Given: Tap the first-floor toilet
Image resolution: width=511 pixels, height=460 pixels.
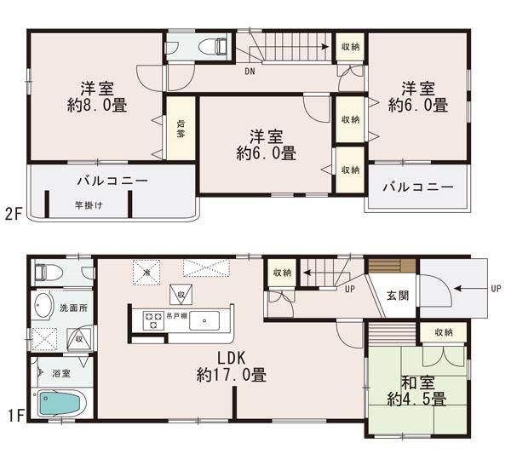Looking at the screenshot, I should [48, 273].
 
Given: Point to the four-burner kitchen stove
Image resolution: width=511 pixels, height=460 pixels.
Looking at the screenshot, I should [154, 321].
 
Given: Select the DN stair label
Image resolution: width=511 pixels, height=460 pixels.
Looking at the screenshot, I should [250, 72].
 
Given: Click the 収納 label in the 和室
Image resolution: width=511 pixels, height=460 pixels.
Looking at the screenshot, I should [443, 332].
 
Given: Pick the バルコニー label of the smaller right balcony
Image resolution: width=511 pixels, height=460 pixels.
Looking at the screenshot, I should [416, 186].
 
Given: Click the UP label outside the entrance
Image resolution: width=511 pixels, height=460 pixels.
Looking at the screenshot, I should [496, 289].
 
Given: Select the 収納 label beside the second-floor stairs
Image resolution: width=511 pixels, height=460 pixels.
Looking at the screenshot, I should [349, 47].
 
